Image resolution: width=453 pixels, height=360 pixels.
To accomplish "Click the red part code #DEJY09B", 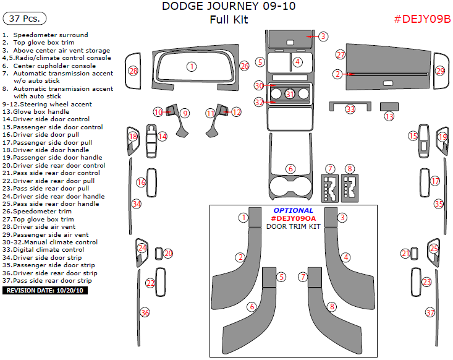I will tap(422, 19).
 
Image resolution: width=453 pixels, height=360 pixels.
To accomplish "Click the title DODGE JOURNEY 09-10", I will tap(229, 7).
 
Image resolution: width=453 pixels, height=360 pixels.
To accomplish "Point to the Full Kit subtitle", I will tap(229, 19).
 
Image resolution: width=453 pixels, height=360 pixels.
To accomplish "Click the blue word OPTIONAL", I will tap(294, 210).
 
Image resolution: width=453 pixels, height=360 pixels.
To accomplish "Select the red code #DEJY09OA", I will tap(294, 218).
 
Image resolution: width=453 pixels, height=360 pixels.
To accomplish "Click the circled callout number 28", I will tap(133, 71).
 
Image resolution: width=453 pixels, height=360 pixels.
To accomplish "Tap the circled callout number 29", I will tap(440, 71).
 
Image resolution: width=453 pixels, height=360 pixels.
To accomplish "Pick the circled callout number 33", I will tap(350, 109).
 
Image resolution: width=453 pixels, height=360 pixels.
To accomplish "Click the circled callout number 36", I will tap(145, 312).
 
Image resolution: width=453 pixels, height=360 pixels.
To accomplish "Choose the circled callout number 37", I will tap(430, 312).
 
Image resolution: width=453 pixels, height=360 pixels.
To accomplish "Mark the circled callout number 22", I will tap(150, 283).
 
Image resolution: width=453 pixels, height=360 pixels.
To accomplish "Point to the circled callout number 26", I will tap(244, 66).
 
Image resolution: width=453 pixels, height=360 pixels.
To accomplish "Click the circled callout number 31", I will tap(290, 94).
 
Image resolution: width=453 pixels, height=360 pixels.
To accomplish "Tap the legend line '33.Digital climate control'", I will tap(43, 250).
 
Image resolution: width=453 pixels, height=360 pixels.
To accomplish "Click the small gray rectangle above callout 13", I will tap(389, 106).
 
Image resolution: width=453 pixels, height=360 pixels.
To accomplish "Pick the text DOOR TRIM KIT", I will tap(294, 226).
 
